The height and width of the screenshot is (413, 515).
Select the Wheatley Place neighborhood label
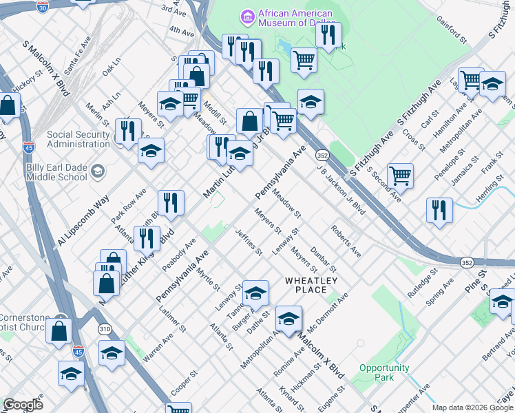(311, 285)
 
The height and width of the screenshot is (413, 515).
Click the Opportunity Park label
(384, 372)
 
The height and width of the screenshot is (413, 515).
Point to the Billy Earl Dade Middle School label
(43, 171)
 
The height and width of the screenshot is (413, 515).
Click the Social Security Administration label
(78, 138)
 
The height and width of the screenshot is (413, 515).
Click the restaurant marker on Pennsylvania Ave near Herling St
(439, 210)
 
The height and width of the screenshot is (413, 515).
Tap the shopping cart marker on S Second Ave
(400, 175)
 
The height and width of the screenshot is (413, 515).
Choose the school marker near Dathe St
(255, 294)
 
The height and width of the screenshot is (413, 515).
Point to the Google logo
(23, 405)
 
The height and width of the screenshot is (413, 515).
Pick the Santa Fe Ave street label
(77, 56)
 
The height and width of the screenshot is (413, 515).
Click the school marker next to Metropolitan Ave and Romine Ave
(289, 318)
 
